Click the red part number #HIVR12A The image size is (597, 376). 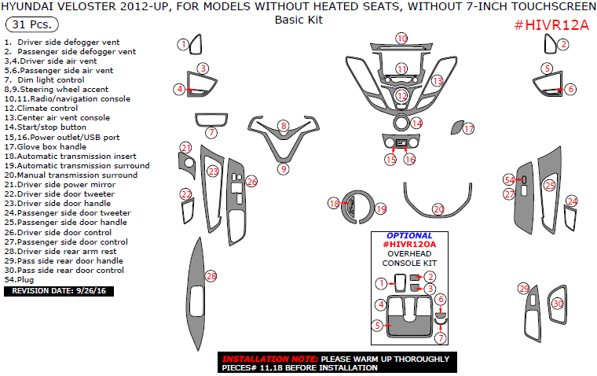tap(551, 25)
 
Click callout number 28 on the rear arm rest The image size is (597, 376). tap(211, 276)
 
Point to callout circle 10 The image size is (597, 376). tap(401, 39)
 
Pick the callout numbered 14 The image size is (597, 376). tap(416, 123)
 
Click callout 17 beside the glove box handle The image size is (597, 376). tap(469, 128)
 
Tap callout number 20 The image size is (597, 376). tap(438, 209)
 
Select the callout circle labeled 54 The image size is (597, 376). tap(508, 180)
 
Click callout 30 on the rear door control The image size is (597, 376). tap(558, 303)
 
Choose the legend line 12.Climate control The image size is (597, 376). tap(47, 109)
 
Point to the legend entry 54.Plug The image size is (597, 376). tap(20, 279)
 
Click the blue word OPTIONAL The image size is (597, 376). tap(409, 235)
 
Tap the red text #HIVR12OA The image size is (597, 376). tap(408, 245)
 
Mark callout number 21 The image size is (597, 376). tap(185, 148)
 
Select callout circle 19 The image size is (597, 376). tap(381, 209)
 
